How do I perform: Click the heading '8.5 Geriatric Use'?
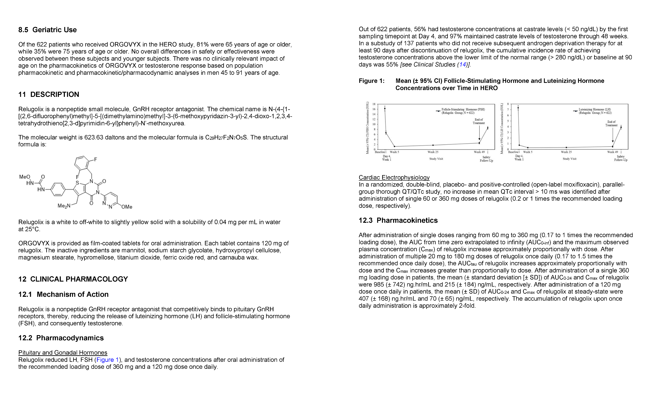47,30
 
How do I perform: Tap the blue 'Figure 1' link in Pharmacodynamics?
107,360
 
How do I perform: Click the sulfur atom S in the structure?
77,183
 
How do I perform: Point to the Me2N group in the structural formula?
64,206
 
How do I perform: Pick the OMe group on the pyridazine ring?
127,207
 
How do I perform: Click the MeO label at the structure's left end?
25,177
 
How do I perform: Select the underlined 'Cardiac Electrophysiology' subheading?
394,177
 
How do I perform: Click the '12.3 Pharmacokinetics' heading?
398,220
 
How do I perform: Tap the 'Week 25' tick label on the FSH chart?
433,152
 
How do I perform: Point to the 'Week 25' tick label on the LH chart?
566,152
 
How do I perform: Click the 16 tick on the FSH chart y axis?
374,109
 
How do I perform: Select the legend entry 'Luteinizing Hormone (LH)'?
594,109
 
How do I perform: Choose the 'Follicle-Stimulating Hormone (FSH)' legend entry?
463,109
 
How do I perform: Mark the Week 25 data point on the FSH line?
433,145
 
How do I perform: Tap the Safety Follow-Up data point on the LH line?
621,127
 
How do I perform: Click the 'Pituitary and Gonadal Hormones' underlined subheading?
63,352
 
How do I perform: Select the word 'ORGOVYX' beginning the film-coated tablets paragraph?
34,243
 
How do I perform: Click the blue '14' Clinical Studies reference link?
462,64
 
